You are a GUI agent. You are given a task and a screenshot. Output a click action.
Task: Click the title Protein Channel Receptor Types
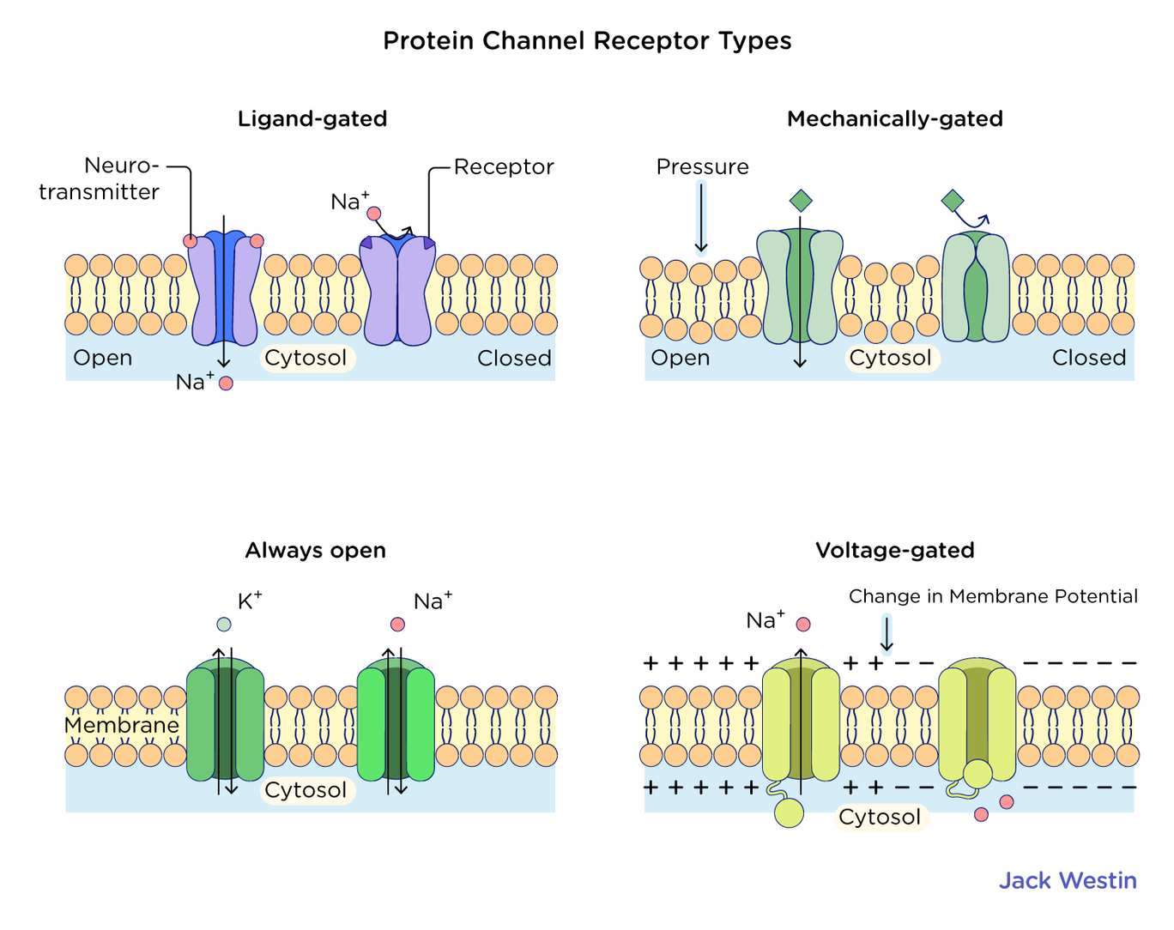pyautogui.click(x=587, y=40)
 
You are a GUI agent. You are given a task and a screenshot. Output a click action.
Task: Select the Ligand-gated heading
pyautogui.click(x=312, y=118)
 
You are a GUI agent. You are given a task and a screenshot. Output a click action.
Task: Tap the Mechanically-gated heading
pyautogui.click(x=894, y=118)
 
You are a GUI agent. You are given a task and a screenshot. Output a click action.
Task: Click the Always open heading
pyautogui.click(x=315, y=550)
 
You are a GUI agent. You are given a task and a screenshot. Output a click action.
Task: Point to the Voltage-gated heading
pyautogui.click(x=894, y=550)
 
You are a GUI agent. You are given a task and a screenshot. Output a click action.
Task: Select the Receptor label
pyautogui.click(x=504, y=166)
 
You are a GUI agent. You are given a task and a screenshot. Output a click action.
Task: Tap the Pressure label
pyautogui.click(x=702, y=166)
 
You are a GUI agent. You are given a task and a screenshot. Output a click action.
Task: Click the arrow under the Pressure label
pyautogui.click(x=701, y=218)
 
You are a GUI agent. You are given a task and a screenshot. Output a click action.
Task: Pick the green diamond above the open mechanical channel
pyautogui.click(x=800, y=201)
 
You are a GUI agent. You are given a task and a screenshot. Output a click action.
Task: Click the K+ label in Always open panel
pyautogui.click(x=249, y=601)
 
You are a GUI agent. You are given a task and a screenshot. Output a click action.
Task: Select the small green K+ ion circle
pyautogui.click(x=224, y=625)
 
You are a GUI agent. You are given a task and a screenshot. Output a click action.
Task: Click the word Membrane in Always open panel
pyautogui.click(x=122, y=726)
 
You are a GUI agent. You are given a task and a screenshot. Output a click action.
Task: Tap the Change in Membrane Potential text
pyautogui.click(x=993, y=596)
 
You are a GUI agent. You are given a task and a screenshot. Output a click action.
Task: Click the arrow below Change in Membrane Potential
pyautogui.click(x=887, y=635)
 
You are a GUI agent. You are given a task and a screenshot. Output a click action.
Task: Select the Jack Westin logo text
pyautogui.click(x=1068, y=880)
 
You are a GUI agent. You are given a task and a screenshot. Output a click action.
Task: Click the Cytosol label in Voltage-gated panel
pyautogui.click(x=880, y=817)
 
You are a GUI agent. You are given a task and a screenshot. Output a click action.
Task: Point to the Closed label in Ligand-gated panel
pyautogui.click(x=514, y=358)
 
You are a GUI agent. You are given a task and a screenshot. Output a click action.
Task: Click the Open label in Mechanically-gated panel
pyautogui.click(x=681, y=358)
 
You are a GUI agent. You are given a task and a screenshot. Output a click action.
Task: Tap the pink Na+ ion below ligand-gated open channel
pyautogui.click(x=226, y=383)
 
